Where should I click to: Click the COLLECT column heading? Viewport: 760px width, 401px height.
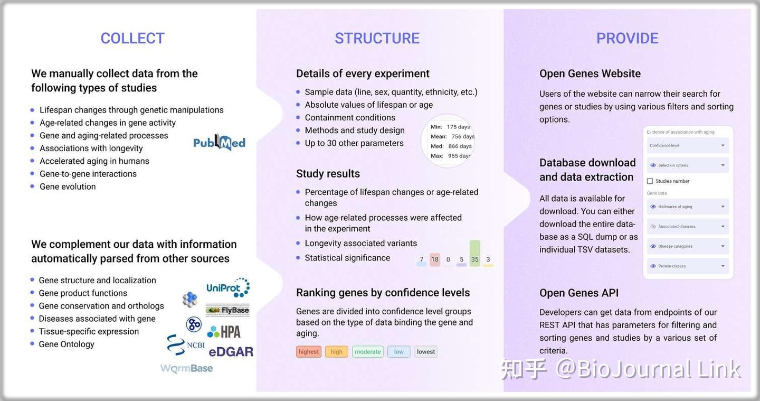click(x=132, y=39)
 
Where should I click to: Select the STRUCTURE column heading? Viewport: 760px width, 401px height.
click(x=377, y=39)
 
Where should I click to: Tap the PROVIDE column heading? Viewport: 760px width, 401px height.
click(x=627, y=39)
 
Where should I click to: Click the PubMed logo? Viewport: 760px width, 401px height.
click(x=219, y=143)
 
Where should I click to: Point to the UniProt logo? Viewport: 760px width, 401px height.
click(x=227, y=288)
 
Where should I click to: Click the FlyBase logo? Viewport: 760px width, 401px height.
click(x=227, y=310)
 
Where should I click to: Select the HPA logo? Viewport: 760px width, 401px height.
click(x=224, y=332)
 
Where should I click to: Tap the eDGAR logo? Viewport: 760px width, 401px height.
click(x=231, y=352)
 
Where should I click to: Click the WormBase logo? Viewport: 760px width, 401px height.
click(x=186, y=368)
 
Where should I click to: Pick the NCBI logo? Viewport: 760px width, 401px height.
click(x=185, y=345)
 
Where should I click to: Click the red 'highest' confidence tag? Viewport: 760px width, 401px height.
click(x=309, y=352)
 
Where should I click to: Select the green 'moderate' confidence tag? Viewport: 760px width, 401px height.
click(x=367, y=352)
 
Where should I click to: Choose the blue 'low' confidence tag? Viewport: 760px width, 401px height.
click(x=398, y=352)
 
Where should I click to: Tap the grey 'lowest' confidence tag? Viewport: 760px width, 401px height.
click(x=426, y=352)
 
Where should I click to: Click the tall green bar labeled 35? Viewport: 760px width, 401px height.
click(x=475, y=253)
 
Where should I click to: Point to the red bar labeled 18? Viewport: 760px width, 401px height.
click(x=435, y=259)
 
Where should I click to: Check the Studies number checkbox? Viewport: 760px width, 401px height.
click(x=650, y=181)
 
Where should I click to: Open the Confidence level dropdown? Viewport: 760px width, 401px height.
click(x=688, y=145)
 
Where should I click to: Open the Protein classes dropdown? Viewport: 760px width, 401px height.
click(x=688, y=266)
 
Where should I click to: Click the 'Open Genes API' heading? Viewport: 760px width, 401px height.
click(x=579, y=293)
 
